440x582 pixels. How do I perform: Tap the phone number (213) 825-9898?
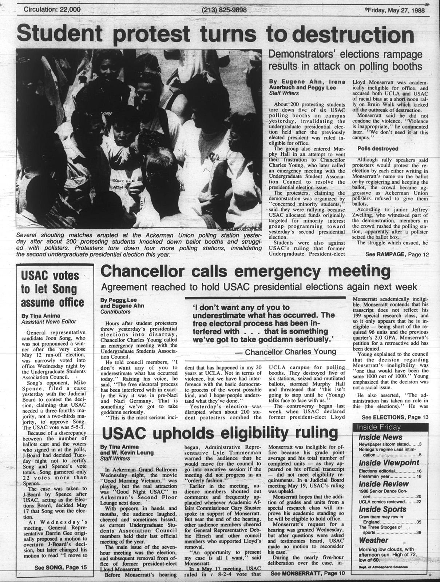click(224, 10)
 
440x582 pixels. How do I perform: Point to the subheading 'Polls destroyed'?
click(378, 148)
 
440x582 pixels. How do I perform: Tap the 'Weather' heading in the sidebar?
click(373, 540)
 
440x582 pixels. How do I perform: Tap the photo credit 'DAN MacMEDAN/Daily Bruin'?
click(240, 229)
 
